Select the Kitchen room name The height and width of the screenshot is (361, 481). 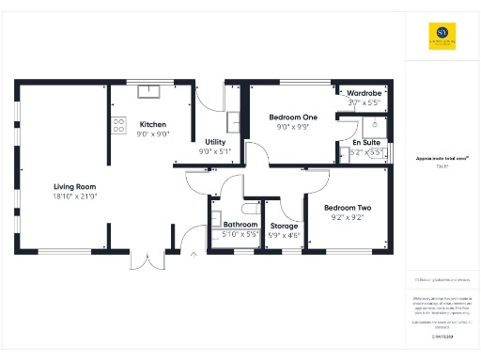click(x=153, y=124)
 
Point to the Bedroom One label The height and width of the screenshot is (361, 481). click(x=292, y=117)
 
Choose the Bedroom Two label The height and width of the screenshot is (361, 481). click(x=347, y=208)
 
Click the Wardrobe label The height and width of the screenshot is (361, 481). click(x=364, y=94)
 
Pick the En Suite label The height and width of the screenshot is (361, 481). click(x=365, y=141)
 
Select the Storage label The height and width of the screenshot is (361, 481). click(x=284, y=227)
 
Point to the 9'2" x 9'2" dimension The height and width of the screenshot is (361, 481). click(x=347, y=217)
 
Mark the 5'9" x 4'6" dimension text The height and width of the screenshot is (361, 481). click(x=284, y=235)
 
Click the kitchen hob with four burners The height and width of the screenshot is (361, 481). click(x=119, y=124)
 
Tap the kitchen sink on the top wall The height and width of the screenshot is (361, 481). click(x=149, y=91)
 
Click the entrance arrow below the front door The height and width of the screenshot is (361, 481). click(x=194, y=254)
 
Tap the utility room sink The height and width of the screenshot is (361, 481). click(x=233, y=122)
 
